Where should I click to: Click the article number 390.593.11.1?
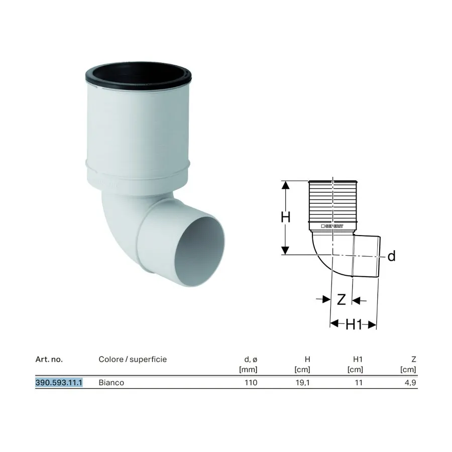[59, 383]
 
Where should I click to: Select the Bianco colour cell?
[111, 383]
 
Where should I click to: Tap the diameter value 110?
[251, 383]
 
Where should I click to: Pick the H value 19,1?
[303, 383]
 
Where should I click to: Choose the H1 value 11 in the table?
[359, 383]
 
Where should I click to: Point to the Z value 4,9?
[410, 383]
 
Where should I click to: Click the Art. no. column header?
[49, 360]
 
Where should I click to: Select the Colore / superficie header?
[133, 360]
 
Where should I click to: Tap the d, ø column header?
[251, 360]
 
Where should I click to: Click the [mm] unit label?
[248, 370]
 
